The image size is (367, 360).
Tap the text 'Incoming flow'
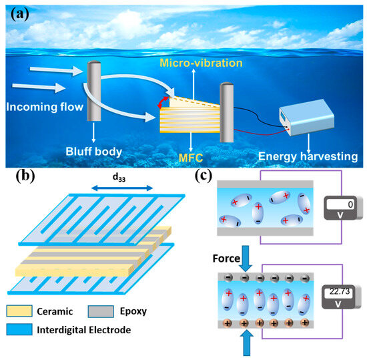(x=41, y=105)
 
